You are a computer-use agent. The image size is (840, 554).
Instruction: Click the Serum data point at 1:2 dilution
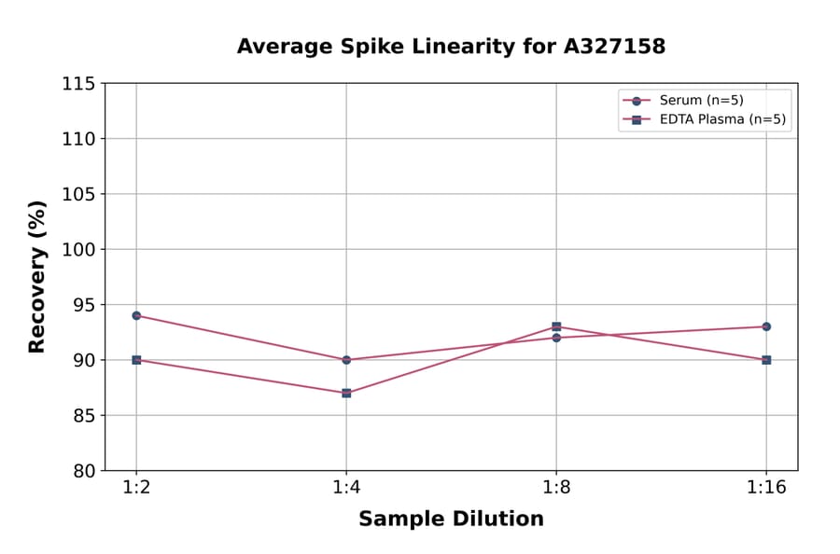(x=136, y=315)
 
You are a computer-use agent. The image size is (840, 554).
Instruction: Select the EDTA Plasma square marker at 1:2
(x=136, y=360)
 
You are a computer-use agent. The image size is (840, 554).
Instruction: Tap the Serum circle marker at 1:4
(x=346, y=360)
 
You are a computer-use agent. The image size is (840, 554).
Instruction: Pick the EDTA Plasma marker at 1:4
(x=346, y=393)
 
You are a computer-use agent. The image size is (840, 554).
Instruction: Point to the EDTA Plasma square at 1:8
(x=556, y=326)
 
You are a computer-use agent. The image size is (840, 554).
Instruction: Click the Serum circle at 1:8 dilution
(x=556, y=338)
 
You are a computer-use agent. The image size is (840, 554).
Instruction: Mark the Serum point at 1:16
(x=766, y=326)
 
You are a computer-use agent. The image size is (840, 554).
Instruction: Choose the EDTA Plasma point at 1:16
(x=766, y=360)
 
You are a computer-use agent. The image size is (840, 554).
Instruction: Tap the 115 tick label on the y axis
(x=78, y=84)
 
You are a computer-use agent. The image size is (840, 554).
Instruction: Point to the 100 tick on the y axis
(x=78, y=249)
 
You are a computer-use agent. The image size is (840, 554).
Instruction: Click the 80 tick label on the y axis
(x=84, y=471)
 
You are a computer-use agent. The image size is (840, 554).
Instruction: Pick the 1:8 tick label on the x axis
(x=556, y=489)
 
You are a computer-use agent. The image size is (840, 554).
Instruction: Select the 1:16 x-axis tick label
(x=766, y=489)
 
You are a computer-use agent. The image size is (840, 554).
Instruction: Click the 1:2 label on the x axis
(x=136, y=489)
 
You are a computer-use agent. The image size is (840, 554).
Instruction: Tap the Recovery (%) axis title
(x=37, y=277)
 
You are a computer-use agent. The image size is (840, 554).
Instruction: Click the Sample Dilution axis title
(x=451, y=519)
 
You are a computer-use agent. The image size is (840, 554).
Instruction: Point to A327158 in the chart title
(x=613, y=47)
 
